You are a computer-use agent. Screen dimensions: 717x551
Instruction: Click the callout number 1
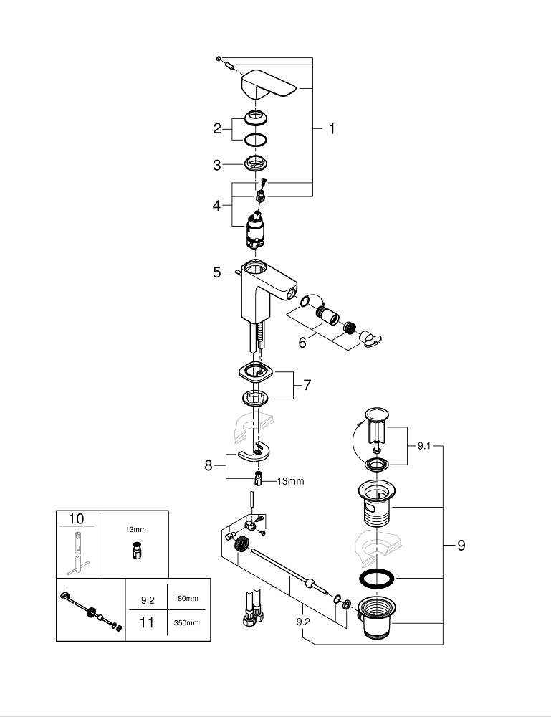click(332, 129)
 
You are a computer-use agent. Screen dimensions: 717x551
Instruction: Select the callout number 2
click(217, 129)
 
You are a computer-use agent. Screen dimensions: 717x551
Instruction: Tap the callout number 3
click(217, 165)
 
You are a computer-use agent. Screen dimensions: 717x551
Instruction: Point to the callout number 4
click(216, 205)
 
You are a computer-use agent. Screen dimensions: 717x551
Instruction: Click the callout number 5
click(217, 272)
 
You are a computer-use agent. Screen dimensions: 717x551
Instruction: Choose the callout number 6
click(302, 343)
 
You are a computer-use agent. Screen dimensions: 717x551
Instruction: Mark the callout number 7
click(307, 385)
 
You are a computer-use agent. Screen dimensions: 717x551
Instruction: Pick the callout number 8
click(209, 465)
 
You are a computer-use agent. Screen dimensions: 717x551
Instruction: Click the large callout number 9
click(461, 545)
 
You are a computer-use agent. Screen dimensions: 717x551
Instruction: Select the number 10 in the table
click(77, 518)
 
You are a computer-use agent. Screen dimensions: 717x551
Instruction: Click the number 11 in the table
click(146, 622)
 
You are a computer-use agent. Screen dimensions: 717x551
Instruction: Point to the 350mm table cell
click(186, 622)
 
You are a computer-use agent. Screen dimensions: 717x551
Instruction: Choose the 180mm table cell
click(186, 598)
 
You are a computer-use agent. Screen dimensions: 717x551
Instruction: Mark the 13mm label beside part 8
click(290, 481)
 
